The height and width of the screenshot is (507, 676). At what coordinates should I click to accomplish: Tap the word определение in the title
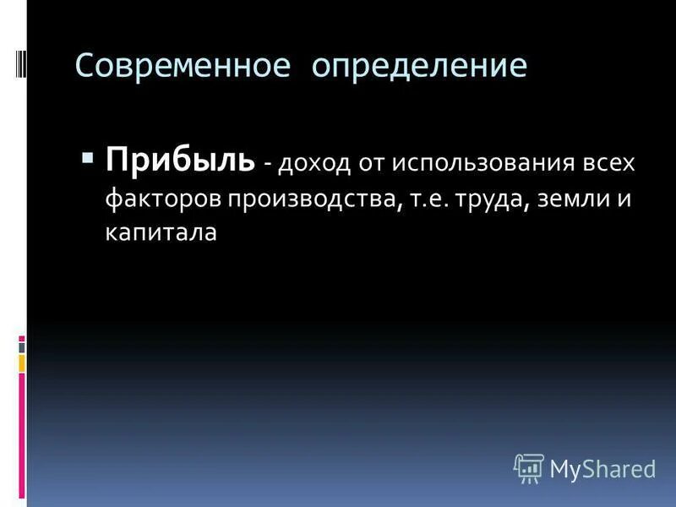pyautogui.click(x=419, y=66)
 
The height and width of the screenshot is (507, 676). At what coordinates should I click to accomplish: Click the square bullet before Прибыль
pyautogui.click(x=88, y=157)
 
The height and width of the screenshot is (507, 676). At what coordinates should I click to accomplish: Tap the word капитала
pyautogui.click(x=161, y=233)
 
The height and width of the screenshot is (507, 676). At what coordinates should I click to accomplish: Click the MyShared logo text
pyautogui.click(x=602, y=467)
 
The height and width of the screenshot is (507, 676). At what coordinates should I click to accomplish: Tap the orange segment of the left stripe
pyautogui.click(x=22, y=363)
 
